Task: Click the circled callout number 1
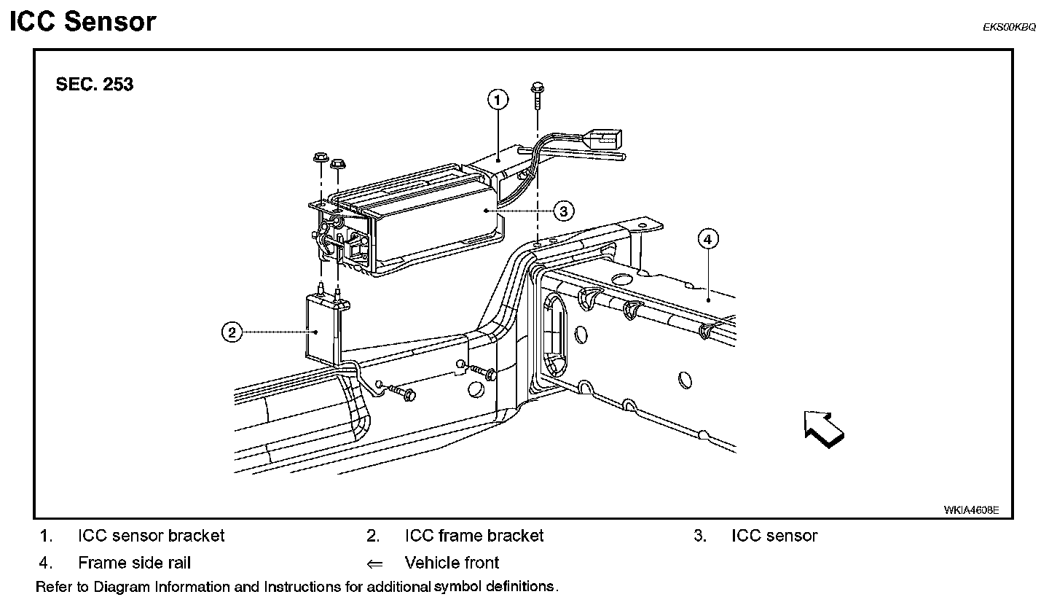coord(498,100)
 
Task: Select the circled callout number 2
coord(232,332)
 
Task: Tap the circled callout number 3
coord(563,211)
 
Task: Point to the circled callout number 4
coord(707,239)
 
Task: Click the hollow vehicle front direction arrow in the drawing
coord(824,429)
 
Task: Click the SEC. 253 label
coord(95,85)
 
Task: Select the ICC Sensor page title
coord(83,22)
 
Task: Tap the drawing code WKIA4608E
coord(971,510)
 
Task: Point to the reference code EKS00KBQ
coord(1009,27)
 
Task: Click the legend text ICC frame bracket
coord(474,536)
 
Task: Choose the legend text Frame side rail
coord(134,562)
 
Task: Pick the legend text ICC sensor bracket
coord(152,536)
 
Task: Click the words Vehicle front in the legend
coord(452,562)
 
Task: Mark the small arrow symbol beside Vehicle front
coord(374,563)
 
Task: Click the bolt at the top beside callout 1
coord(537,95)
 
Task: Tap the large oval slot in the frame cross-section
coord(555,335)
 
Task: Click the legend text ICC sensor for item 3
coord(774,536)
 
